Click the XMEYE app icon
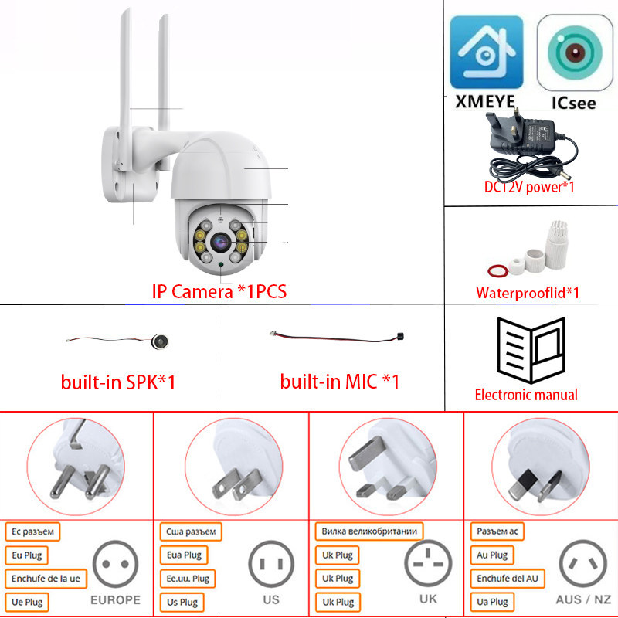click(487, 52)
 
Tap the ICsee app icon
click(575, 53)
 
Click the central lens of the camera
click(220, 242)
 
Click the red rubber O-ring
click(497, 270)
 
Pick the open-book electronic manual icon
click(531, 350)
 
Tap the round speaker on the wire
click(160, 341)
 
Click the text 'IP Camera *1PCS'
click(219, 292)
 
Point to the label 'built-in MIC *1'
click(340, 382)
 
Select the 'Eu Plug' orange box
click(26, 555)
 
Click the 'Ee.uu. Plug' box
click(188, 579)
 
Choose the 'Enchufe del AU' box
click(508, 578)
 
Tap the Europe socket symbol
click(115, 564)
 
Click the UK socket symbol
click(428, 563)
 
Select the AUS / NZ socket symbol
click(583, 563)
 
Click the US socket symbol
click(271, 564)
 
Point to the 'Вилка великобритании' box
click(369, 531)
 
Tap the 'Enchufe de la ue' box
click(46, 579)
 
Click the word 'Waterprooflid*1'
click(528, 293)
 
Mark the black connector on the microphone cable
click(400, 337)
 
